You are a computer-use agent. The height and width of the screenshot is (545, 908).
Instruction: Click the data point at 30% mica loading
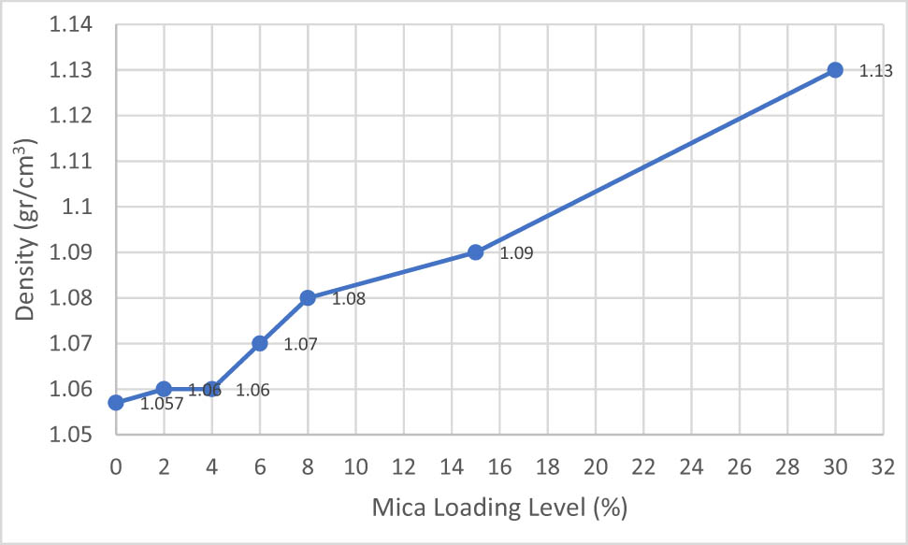(x=835, y=70)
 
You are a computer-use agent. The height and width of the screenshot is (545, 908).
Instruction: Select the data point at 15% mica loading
(x=475, y=252)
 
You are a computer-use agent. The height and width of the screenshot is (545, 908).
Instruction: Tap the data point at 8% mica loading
(x=308, y=298)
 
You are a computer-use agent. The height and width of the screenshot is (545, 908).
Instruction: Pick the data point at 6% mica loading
(x=260, y=343)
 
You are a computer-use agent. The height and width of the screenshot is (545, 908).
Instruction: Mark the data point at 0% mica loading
(x=116, y=403)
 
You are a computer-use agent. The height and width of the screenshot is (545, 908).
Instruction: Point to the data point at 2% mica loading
(x=164, y=389)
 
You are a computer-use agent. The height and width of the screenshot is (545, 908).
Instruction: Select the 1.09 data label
(x=517, y=253)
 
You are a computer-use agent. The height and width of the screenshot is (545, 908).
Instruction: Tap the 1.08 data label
(x=349, y=299)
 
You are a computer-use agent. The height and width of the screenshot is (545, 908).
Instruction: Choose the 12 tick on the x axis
(x=403, y=464)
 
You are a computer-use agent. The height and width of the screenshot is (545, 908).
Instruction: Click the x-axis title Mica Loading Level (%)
(x=498, y=509)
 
